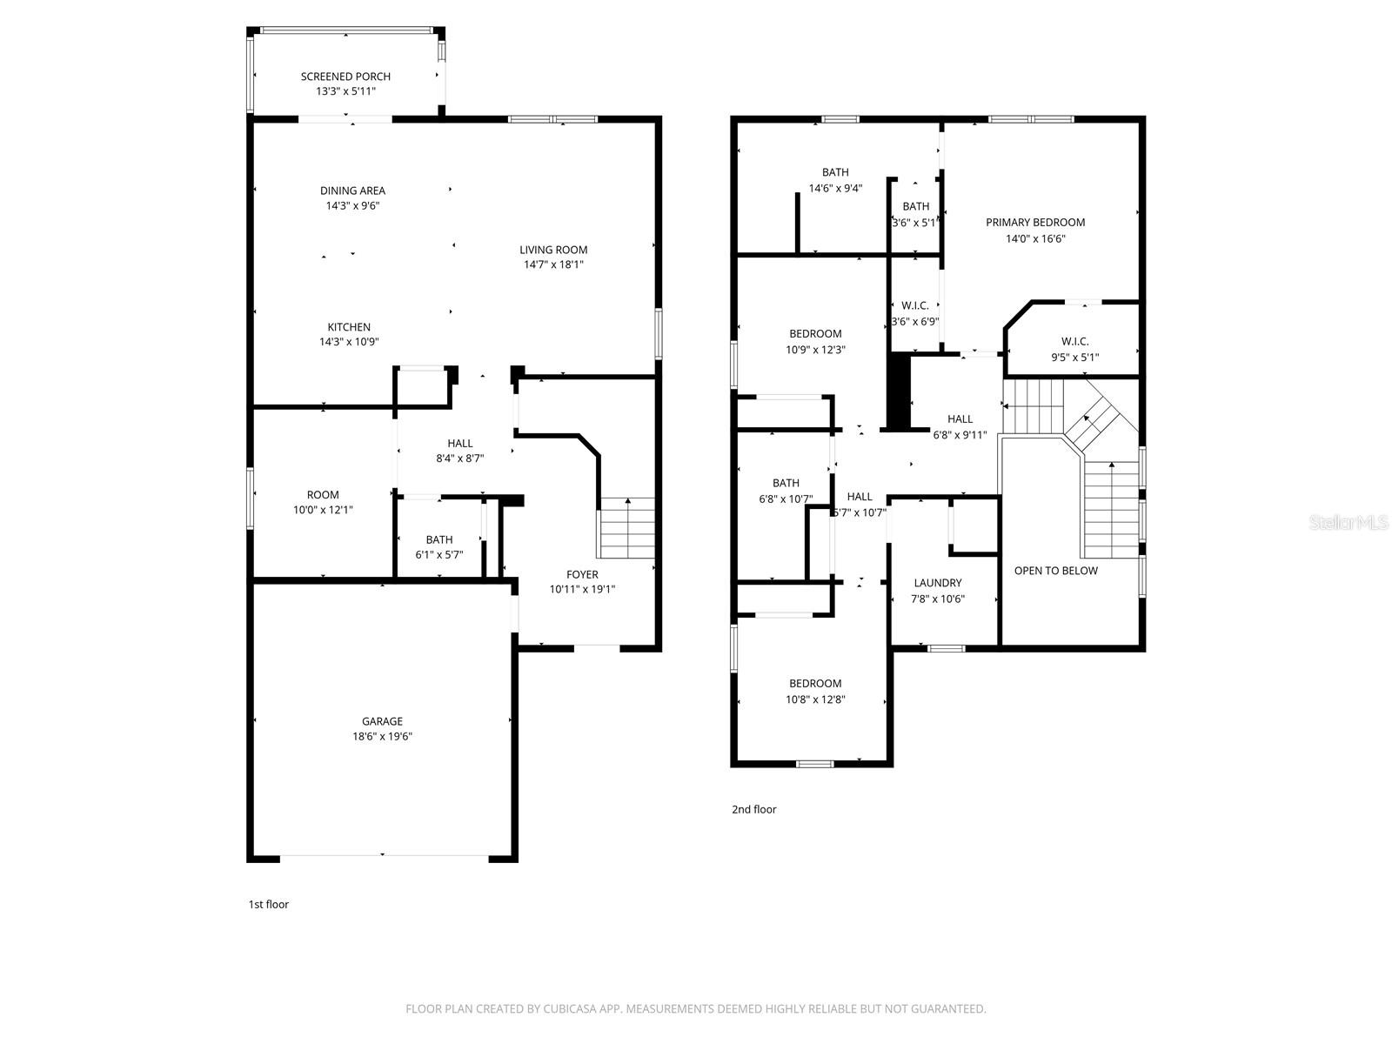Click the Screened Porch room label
[x=345, y=77]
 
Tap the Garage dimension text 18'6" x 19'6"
[x=382, y=736]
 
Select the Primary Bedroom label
[x=1035, y=222]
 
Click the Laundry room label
[x=938, y=583]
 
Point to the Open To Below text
[x=1055, y=571]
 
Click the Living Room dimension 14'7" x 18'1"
[x=553, y=264]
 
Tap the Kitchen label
[x=349, y=327]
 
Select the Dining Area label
[x=352, y=191]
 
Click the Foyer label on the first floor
[x=582, y=574]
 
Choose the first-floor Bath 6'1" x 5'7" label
[x=439, y=539]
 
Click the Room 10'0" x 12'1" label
[x=323, y=495]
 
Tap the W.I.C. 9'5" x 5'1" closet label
[x=1074, y=342]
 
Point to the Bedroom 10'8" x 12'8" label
[x=815, y=683]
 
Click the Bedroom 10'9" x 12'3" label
[x=815, y=333]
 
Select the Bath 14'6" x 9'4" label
[x=835, y=172]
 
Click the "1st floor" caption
[x=269, y=904]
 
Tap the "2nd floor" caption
[x=753, y=809]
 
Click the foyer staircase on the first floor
[x=627, y=529]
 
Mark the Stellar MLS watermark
[x=1348, y=522]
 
